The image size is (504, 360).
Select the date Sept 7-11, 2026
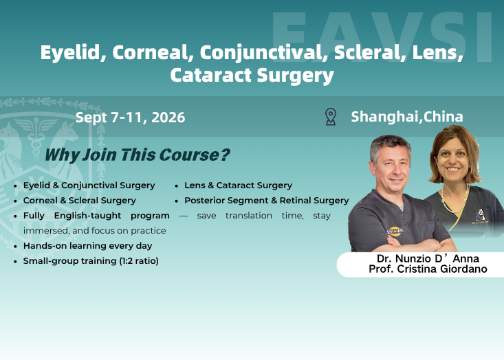click(130, 117)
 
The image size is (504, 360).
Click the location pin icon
click(331, 117)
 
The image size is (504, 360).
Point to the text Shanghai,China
click(407, 117)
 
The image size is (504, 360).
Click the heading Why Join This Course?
click(137, 155)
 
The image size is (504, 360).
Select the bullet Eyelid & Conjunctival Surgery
click(89, 185)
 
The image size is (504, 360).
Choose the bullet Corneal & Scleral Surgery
click(79, 201)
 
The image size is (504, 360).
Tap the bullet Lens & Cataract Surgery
click(238, 185)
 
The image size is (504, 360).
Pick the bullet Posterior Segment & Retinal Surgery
click(266, 201)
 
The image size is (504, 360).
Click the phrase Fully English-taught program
click(96, 216)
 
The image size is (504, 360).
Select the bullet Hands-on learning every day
click(87, 246)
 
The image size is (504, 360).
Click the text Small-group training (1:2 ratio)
click(91, 261)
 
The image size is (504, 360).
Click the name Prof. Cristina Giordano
click(428, 269)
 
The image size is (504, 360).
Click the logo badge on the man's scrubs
click(396, 232)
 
